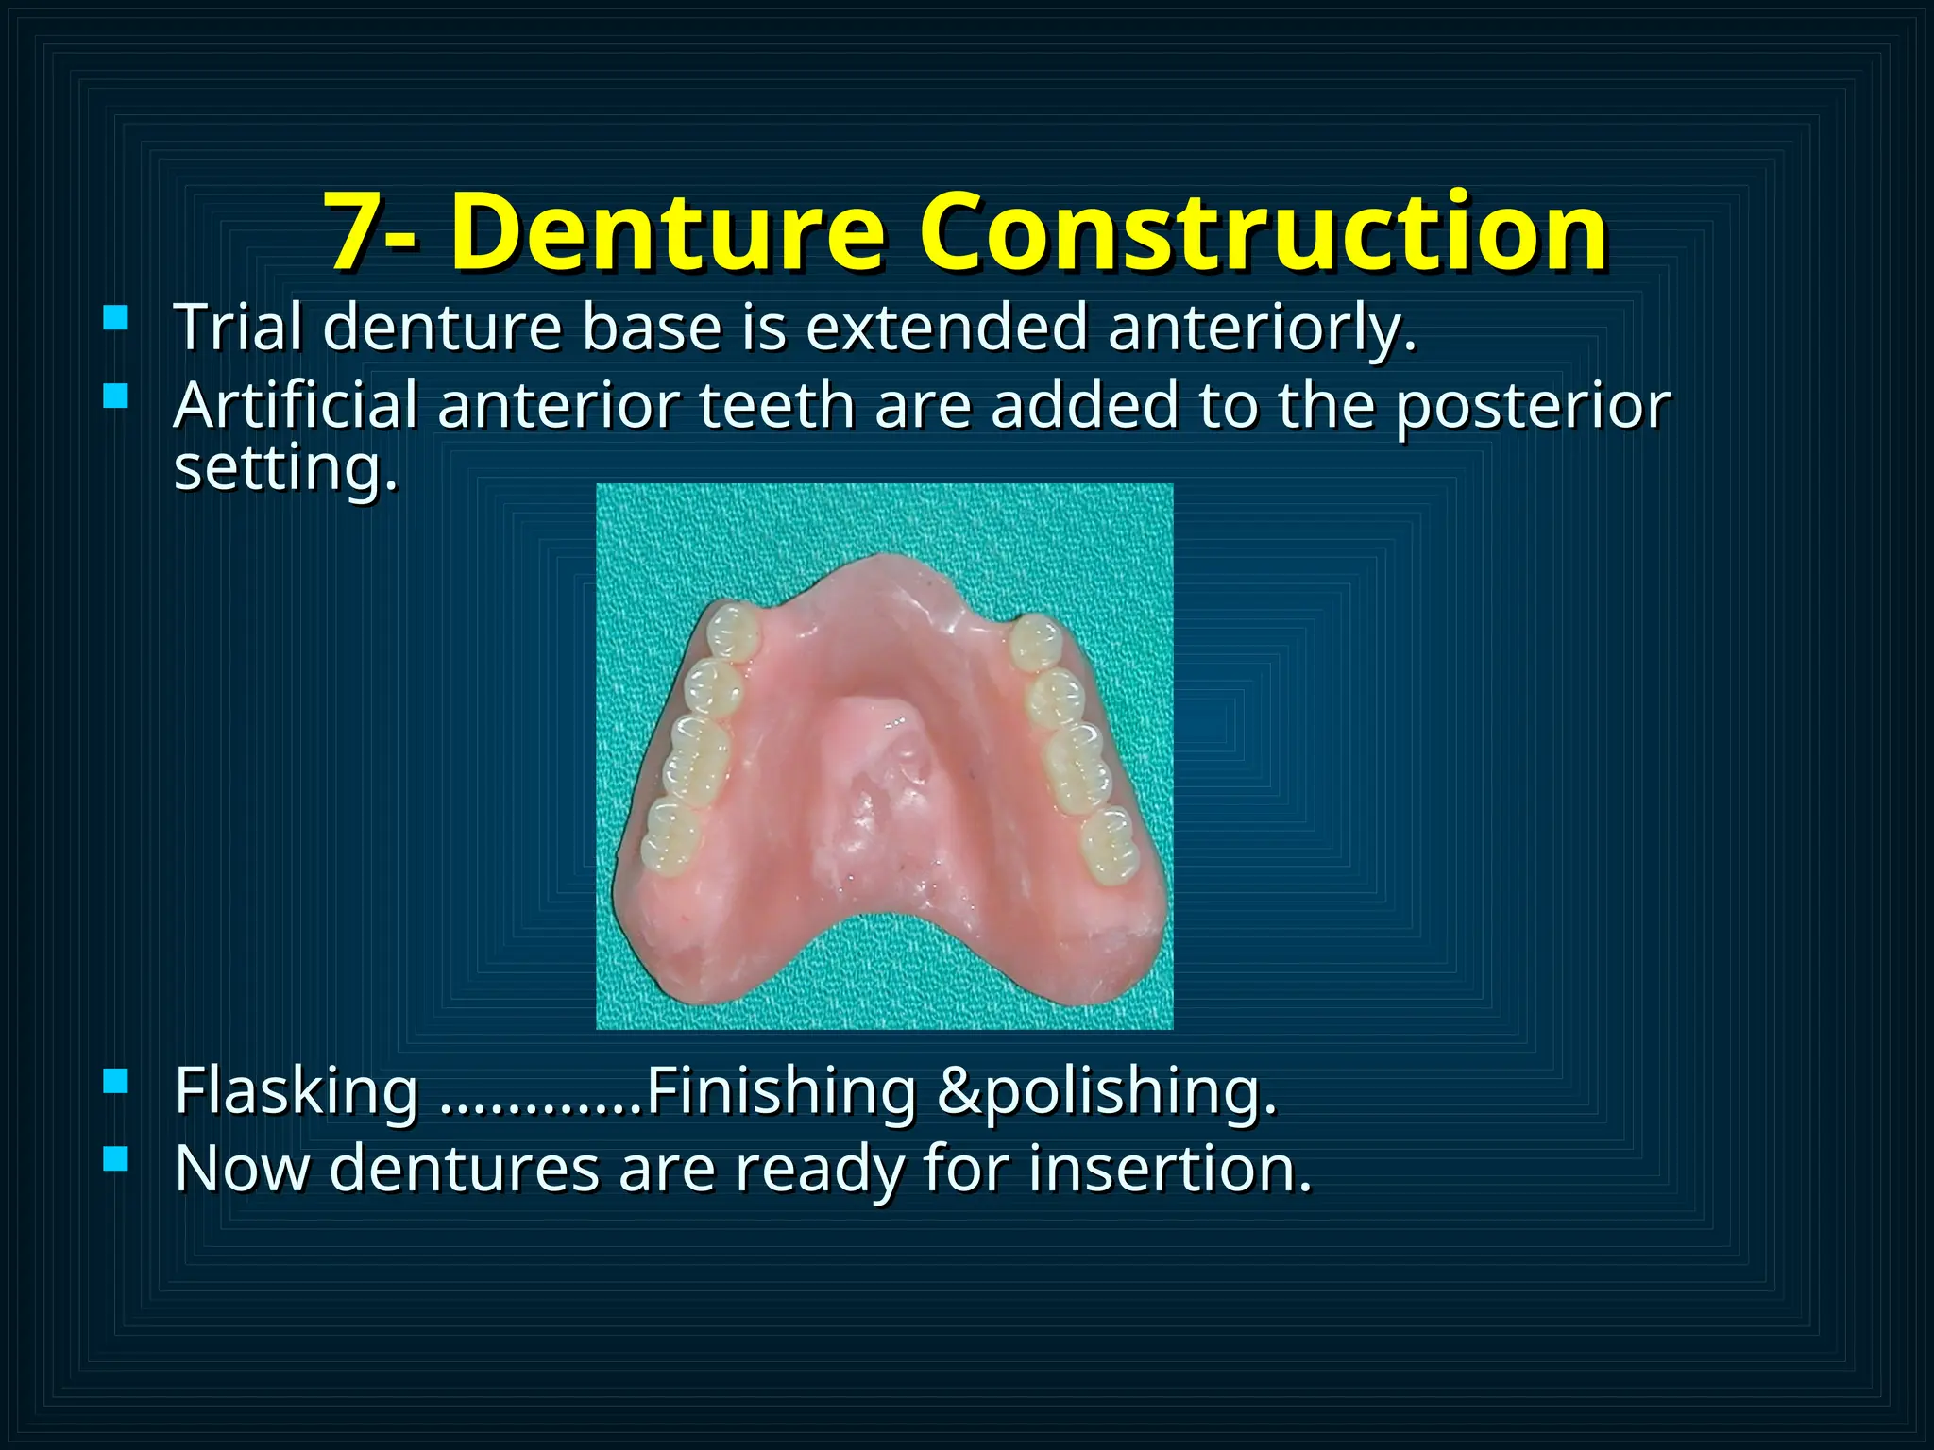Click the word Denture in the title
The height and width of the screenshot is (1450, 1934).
pos(668,232)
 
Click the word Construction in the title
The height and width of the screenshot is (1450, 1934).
pos(1264,232)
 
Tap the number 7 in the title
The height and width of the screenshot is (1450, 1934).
pos(353,232)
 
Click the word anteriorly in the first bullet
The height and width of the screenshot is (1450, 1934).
pos(1262,329)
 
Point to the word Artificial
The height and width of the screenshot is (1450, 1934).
pos(296,405)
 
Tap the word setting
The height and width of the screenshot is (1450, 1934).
pos(285,469)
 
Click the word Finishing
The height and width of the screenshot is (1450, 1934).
pos(781,1092)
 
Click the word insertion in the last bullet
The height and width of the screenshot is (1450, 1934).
pos(1170,1169)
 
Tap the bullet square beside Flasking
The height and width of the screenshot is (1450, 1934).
pos(115,1081)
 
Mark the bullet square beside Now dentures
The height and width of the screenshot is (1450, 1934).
pos(115,1158)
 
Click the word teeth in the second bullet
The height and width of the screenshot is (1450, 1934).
pos(776,405)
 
